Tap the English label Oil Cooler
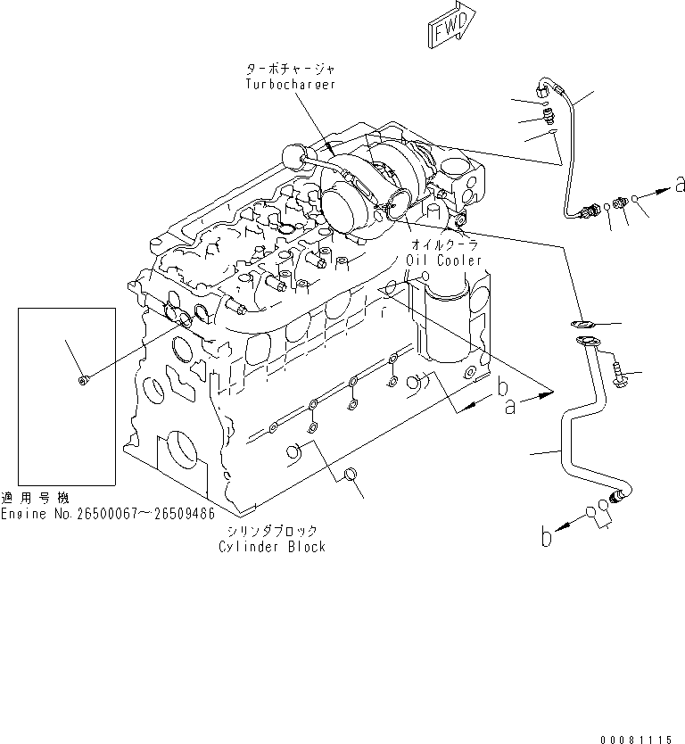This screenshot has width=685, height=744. click(443, 260)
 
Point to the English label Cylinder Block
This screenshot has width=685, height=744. click(272, 546)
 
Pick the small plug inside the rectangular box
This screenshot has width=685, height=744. click(83, 382)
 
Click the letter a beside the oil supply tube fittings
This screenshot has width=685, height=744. click(680, 186)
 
